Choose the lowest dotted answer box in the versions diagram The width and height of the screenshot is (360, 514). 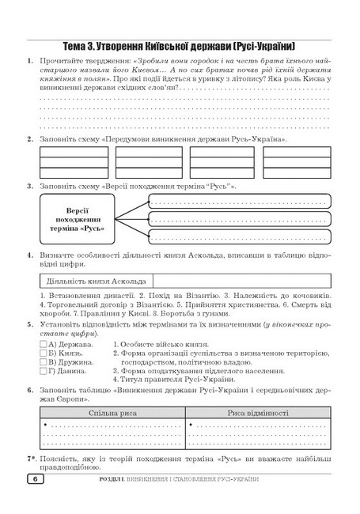pos(238,235)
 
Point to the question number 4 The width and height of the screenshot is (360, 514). pos(30,255)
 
